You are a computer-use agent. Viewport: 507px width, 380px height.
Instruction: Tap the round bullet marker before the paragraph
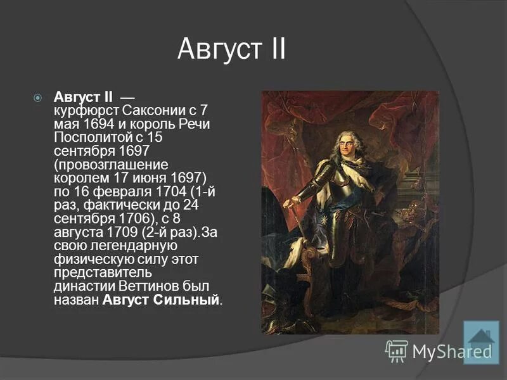click(38, 98)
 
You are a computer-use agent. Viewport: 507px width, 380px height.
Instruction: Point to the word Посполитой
click(86, 137)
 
